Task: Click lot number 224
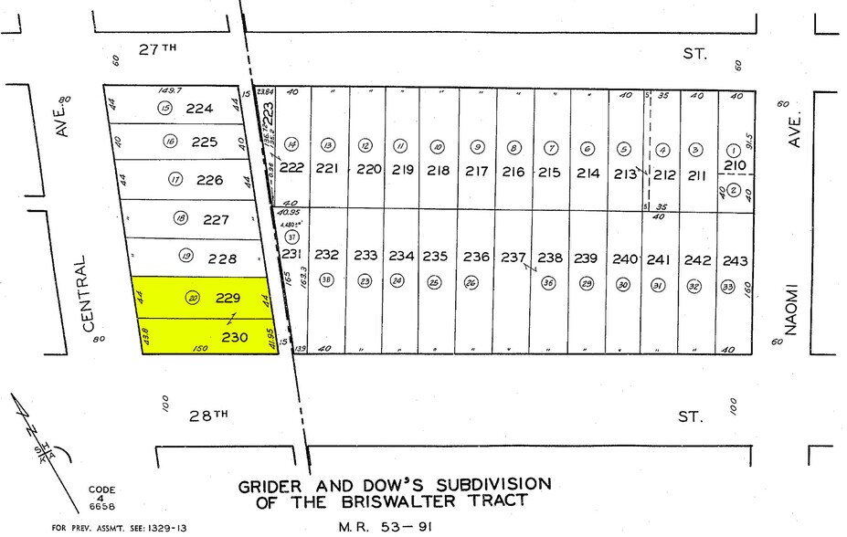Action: point(199,108)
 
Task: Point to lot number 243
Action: point(735,260)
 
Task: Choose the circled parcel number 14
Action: point(291,145)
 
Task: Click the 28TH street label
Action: point(207,416)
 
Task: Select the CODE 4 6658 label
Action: point(102,498)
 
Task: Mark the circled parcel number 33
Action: point(728,286)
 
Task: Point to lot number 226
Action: point(209,180)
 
